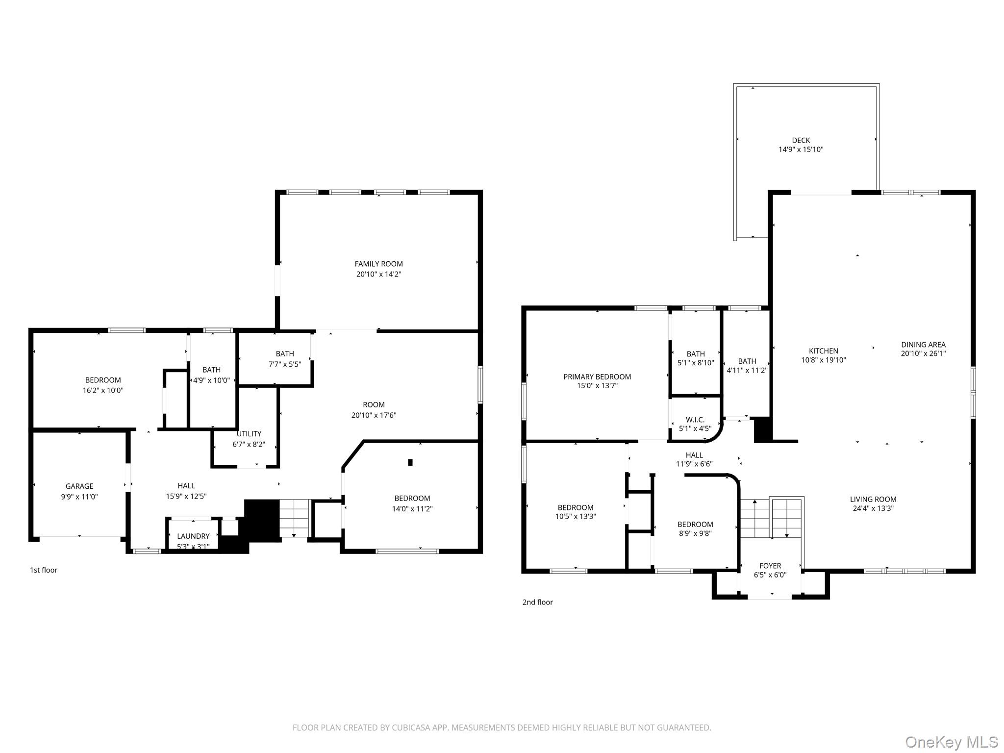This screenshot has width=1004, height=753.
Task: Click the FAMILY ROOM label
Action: (x=378, y=264)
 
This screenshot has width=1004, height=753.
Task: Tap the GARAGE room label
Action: (x=79, y=486)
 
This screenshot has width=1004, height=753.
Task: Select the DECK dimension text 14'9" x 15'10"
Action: (x=801, y=150)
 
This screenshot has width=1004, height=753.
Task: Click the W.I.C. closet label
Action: (x=695, y=420)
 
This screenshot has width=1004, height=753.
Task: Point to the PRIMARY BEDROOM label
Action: (x=597, y=376)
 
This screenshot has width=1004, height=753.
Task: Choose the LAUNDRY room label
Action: (x=193, y=536)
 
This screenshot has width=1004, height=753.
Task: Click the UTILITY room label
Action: (x=249, y=433)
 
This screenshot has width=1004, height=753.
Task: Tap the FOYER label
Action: (x=770, y=566)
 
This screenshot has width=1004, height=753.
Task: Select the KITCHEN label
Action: (x=823, y=351)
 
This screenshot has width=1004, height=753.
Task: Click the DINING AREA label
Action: (x=923, y=345)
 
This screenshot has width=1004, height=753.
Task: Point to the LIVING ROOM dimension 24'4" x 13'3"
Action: (x=873, y=508)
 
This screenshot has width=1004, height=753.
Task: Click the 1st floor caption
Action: (x=44, y=570)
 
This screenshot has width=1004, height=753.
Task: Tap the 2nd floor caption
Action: (x=537, y=602)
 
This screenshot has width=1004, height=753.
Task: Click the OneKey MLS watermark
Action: (x=951, y=742)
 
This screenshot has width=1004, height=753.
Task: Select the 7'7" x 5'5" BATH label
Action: (x=284, y=353)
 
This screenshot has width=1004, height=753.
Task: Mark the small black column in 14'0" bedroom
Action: (x=410, y=462)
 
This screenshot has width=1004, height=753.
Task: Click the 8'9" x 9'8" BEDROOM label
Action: (x=695, y=524)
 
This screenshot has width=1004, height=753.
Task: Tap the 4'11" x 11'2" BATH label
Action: (x=747, y=361)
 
